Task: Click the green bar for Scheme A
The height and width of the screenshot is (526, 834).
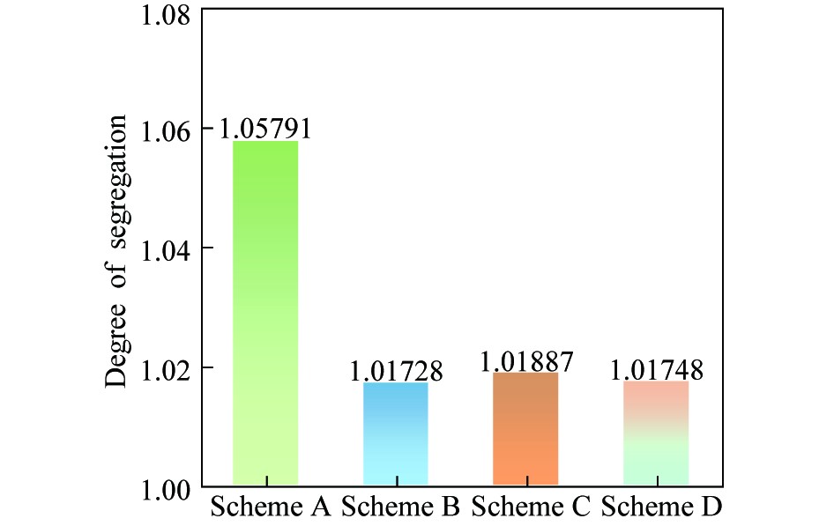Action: pos(265,313)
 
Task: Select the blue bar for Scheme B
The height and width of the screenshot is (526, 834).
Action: pos(396,433)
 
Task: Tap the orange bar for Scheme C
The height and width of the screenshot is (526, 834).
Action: pos(525,429)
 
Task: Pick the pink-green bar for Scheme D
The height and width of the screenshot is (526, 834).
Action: pos(656,433)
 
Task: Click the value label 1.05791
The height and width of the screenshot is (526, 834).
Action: pos(265,130)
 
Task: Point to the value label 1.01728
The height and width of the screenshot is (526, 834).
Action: pos(396,371)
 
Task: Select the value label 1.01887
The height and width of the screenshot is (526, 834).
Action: pos(526,362)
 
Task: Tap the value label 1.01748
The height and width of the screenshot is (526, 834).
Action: pos(657,371)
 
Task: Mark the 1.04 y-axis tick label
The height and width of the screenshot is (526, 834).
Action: pos(167,250)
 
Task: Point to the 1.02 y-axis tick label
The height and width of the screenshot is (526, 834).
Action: pos(167,368)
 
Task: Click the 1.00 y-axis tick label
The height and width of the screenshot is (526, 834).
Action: pos(167,487)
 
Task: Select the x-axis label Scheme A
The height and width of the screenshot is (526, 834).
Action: pos(271,508)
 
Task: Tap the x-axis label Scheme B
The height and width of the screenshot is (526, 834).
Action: pos(400,508)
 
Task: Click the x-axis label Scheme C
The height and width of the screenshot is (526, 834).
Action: pos(531,508)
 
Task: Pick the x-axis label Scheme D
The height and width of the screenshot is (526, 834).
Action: pos(661,508)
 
